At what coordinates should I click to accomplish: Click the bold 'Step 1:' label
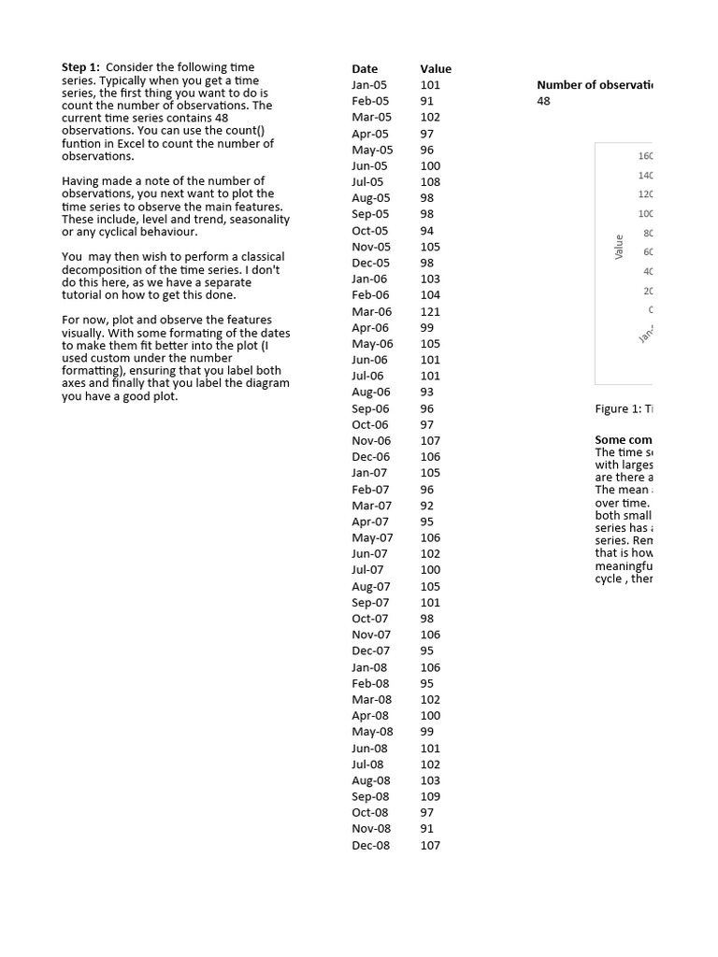[x=81, y=67]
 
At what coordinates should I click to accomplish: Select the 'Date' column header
[x=365, y=68]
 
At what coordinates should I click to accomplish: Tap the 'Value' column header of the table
[x=436, y=68]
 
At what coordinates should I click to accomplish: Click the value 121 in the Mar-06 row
[x=430, y=311]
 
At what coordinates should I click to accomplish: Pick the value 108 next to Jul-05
[x=430, y=182]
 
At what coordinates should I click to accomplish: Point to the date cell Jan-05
[x=369, y=85]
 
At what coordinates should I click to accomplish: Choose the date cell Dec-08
[x=371, y=846]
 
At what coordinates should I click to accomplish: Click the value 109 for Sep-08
[x=430, y=797]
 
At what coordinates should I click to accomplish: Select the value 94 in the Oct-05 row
[x=427, y=231]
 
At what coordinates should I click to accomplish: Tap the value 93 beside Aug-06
[x=427, y=393]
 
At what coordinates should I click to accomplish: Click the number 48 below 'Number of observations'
[x=544, y=101]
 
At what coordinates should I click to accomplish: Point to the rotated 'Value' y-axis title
[x=618, y=247]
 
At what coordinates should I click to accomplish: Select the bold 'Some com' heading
[x=624, y=439]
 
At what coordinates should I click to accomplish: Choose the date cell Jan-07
[x=369, y=473]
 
